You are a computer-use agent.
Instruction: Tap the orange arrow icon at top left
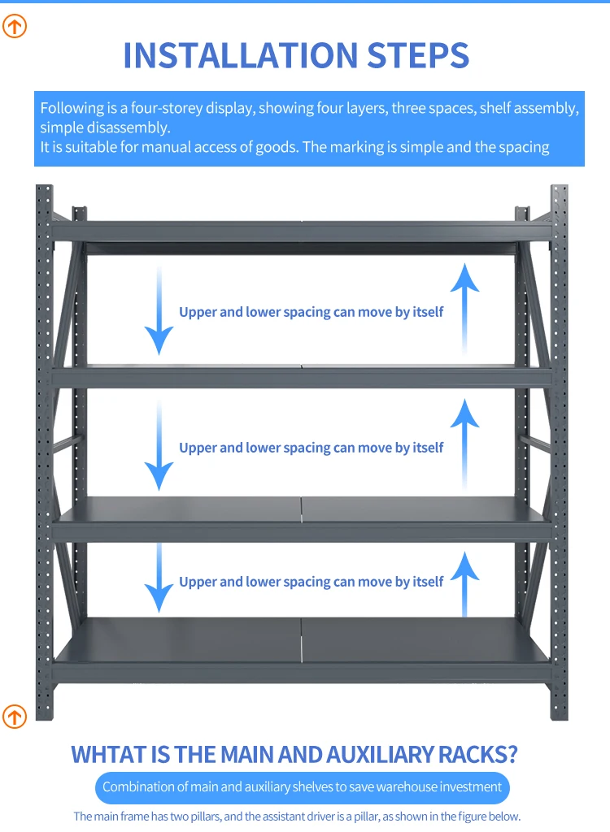pyautogui.click(x=15, y=26)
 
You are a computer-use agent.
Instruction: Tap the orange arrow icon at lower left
pyautogui.click(x=15, y=716)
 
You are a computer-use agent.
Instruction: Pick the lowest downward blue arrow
pyautogui.click(x=159, y=578)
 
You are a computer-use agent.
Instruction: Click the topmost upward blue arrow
pyautogui.click(x=464, y=309)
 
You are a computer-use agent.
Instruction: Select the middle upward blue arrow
pyautogui.click(x=464, y=443)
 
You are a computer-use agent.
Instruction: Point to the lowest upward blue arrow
pyautogui.click(x=464, y=581)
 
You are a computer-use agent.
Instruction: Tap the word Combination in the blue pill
pyautogui.click(x=138, y=786)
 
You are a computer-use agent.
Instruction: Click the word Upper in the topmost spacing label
pyautogui.click(x=198, y=312)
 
